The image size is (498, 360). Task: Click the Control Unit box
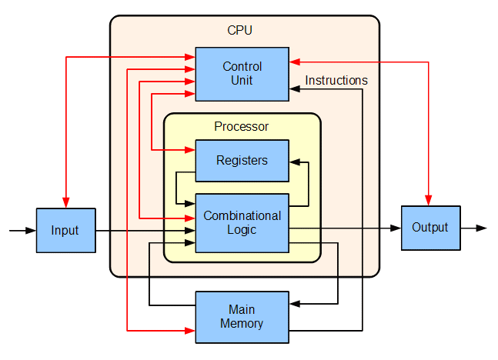coord(242,73)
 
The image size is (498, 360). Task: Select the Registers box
coord(242,160)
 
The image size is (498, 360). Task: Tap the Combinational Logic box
coord(242,222)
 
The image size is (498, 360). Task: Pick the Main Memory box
coord(242,317)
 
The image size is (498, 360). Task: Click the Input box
coord(65,230)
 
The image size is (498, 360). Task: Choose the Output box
coord(430,228)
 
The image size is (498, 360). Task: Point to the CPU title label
coord(239,31)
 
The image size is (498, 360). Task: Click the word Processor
coord(241,126)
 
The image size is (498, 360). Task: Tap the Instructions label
coord(336,80)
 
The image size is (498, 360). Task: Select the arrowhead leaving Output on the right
coord(481,228)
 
